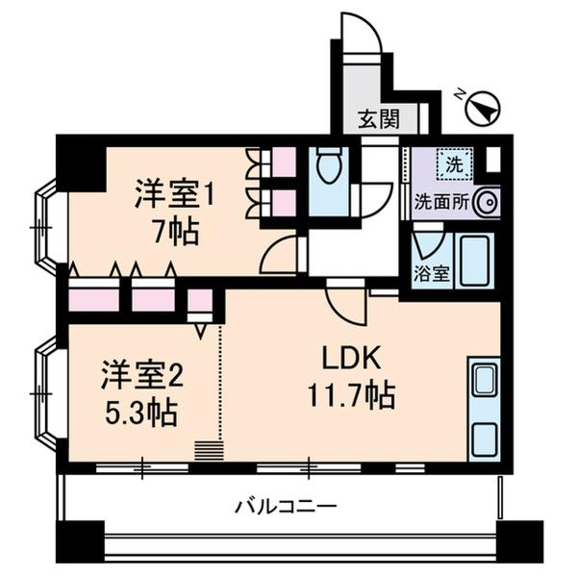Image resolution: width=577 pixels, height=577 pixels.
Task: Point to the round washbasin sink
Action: point(486,202)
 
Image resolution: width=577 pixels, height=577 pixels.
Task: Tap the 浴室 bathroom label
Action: point(431,272)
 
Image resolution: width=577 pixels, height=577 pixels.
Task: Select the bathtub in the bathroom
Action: point(478,258)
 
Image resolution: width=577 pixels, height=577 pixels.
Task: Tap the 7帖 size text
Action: point(173,231)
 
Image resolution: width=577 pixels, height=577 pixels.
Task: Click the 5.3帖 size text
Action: point(139,412)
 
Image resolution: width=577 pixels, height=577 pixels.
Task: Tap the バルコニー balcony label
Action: point(286,504)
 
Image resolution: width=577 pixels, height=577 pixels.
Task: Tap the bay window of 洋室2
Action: point(44,394)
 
